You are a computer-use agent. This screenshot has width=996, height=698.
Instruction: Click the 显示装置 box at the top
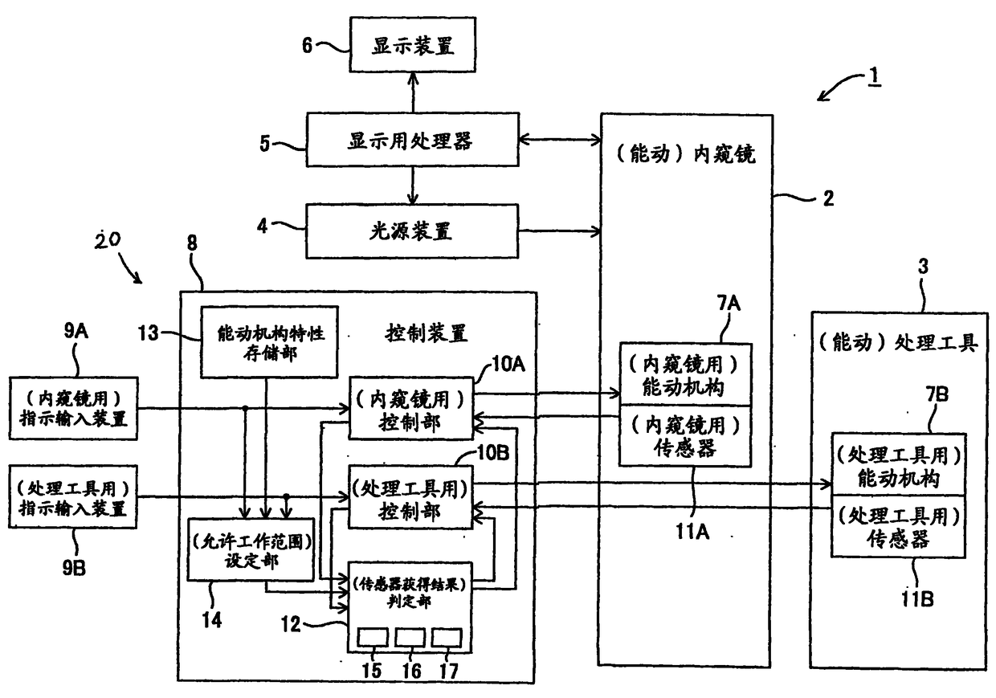413,44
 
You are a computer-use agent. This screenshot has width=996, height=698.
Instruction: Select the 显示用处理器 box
413,140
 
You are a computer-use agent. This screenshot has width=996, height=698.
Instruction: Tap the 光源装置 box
412,231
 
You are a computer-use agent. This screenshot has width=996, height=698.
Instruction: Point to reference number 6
308,45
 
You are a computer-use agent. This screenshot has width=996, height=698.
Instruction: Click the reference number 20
108,240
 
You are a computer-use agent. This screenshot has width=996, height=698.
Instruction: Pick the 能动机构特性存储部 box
269,342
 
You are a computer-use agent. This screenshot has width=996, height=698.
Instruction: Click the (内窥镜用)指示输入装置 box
74,409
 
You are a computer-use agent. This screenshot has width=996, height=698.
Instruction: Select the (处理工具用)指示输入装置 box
73,497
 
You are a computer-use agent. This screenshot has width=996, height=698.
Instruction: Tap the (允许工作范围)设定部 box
251,550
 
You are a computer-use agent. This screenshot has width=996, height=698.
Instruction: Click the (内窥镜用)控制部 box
411,409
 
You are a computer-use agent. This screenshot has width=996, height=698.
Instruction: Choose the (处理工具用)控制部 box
410,497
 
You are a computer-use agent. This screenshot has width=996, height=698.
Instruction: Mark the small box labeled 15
373,638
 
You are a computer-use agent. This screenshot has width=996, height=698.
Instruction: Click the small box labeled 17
447,638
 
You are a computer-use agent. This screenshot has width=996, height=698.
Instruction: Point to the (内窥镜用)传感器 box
686,435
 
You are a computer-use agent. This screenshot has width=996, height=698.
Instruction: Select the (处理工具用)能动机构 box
899,464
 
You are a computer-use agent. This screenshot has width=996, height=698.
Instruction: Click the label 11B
917,599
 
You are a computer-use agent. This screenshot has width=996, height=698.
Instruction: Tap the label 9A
76,331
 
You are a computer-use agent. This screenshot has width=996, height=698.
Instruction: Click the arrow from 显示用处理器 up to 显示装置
413,92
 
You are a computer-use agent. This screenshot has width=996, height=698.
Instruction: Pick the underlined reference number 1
874,76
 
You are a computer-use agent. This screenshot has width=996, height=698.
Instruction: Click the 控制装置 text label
427,333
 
